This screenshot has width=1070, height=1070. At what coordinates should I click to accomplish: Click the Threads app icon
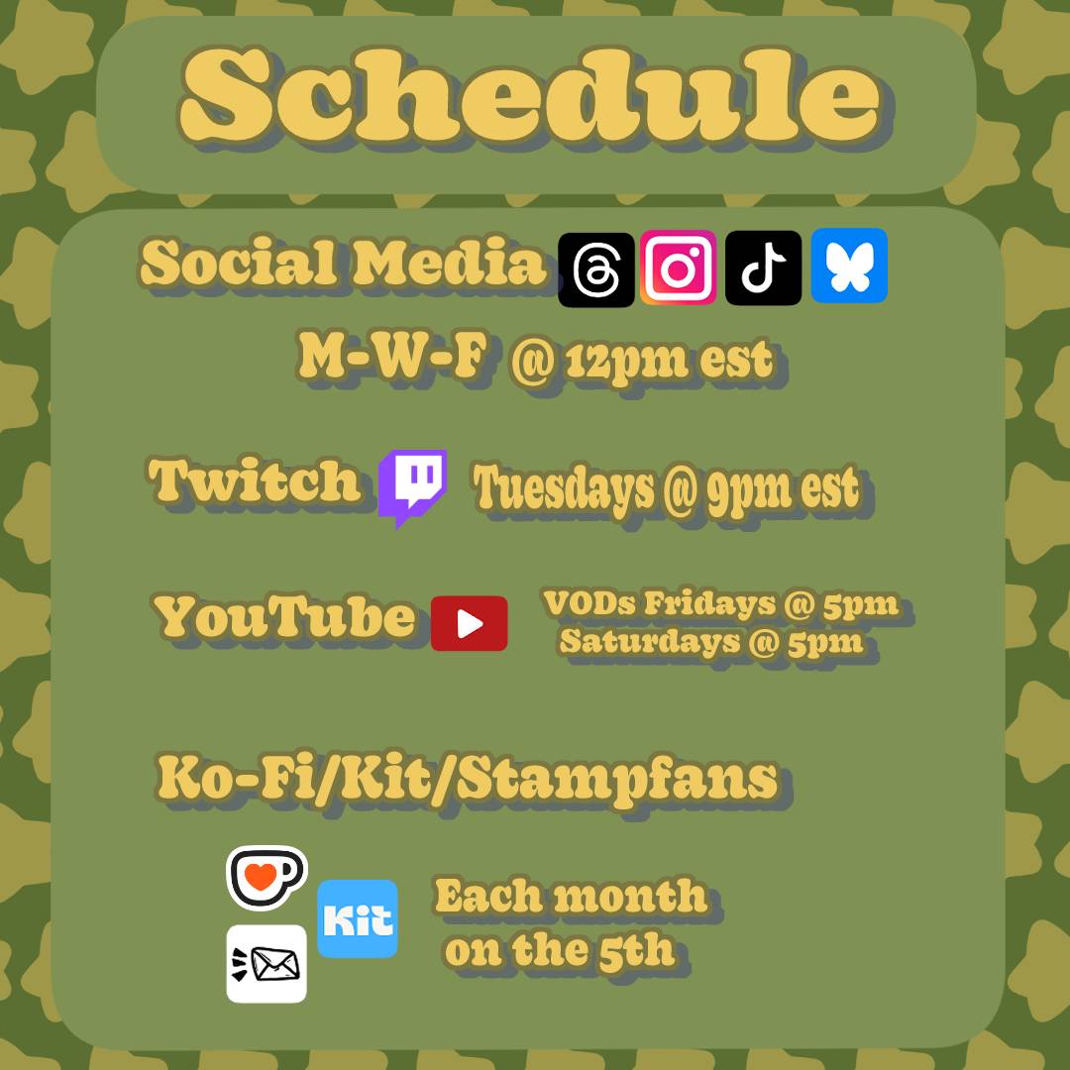(595, 268)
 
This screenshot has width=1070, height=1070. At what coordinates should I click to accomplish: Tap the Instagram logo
(678, 267)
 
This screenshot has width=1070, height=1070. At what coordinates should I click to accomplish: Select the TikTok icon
(763, 267)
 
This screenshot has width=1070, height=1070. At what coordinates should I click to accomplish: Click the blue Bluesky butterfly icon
(849, 266)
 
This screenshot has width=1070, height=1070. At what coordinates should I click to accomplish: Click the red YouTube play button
(469, 623)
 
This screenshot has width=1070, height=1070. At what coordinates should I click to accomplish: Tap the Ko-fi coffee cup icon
(267, 878)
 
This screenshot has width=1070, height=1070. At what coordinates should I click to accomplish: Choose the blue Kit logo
(358, 918)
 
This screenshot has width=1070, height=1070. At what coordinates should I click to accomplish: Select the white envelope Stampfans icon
(267, 964)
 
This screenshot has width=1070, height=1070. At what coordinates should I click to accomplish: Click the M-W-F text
(393, 358)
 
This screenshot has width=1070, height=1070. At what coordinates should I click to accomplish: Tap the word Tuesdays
(564, 488)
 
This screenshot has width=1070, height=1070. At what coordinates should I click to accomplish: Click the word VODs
(589, 603)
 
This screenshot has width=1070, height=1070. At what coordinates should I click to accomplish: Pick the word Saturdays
(650, 641)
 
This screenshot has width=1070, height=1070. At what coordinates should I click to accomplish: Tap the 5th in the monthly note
(636, 950)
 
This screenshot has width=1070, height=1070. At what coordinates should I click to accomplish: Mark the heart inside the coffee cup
(260, 876)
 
